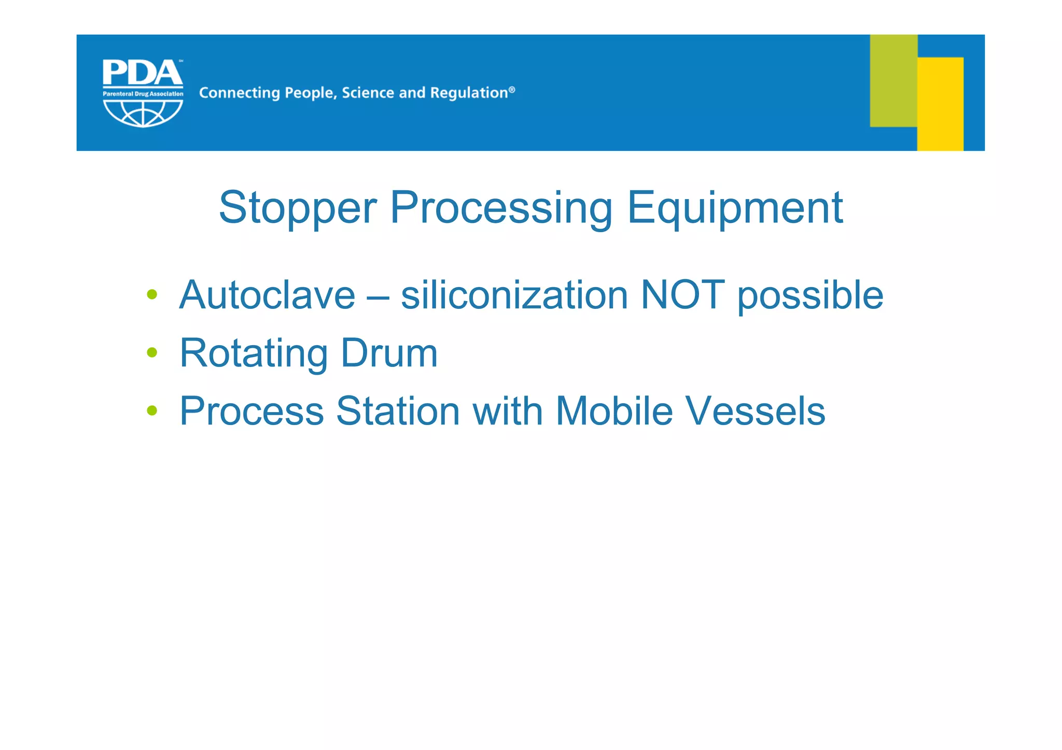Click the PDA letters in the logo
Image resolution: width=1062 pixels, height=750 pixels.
click(x=142, y=73)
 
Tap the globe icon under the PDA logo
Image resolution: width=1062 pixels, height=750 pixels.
click(x=143, y=113)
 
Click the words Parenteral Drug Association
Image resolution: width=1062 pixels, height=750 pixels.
click(x=143, y=94)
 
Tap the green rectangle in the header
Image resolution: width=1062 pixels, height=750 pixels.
click(x=893, y=80)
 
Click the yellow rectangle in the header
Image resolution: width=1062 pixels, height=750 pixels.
click(x=940, y=104)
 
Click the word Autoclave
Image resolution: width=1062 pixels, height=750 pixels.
click(x=267, y=295)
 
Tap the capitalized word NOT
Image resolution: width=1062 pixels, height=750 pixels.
click(x=682, y=295)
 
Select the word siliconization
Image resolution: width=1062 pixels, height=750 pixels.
click(x=514, y=295)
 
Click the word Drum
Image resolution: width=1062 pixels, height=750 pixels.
click(x=389, y=353)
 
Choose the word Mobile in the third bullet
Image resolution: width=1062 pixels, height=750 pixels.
click(x=614, y=411)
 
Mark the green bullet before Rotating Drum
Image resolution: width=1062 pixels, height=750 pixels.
click(x=152, y=352)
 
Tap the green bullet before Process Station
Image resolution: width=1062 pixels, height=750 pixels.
click(x=152, y=411)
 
